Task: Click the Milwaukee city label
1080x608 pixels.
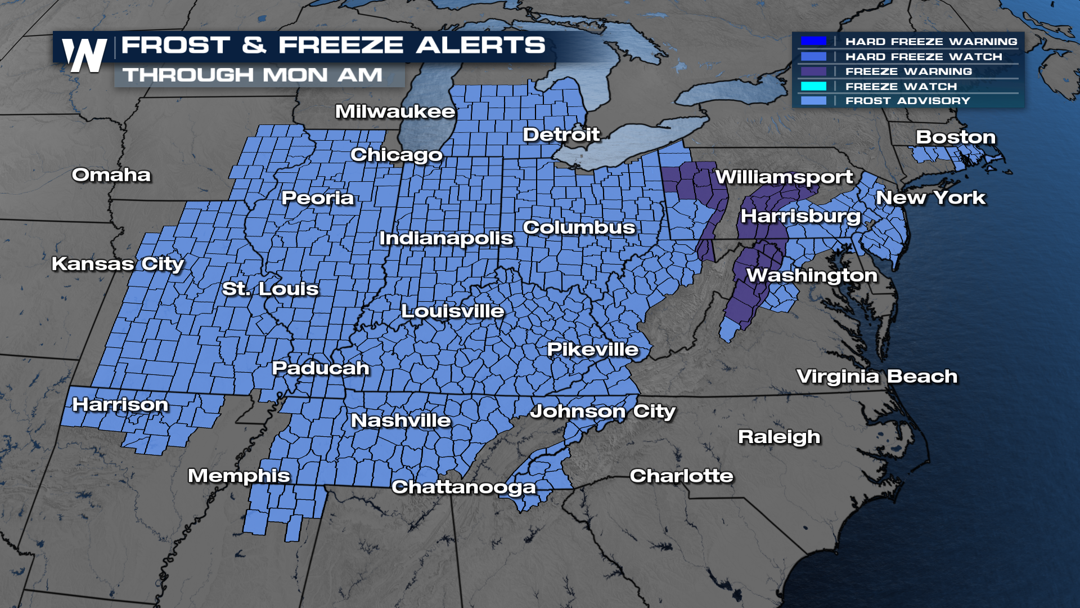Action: tap(395, 111)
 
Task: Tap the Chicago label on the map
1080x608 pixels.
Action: tap(397, 155)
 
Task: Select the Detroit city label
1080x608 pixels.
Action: tap(561, 135)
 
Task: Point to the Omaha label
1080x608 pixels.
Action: tap(111, 175)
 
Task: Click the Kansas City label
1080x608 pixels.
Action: tap(118, 264)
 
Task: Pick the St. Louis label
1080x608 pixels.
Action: tap(270, 289)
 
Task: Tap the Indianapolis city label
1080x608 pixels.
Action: tap(446, 238)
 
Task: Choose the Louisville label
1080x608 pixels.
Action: tap(453, 311)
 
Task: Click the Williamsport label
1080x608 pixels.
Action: tap(784, 177)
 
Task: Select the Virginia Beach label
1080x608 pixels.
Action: tap(877, 377)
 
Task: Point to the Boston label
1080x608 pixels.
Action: tap(956, 137)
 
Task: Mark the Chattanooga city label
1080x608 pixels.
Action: tap(463, 487)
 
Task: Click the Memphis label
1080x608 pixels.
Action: tap(239, 476)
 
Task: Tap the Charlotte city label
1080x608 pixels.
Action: tap(681, 476)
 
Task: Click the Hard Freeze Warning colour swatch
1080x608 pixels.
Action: tap(813, 41)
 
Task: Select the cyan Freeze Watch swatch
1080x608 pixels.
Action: tap(813, 86)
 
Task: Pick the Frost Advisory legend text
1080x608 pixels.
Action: tap(908, 101)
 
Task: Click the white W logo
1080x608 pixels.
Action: tap(84, 55)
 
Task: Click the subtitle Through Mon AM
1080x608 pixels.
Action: tap(253, 75)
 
